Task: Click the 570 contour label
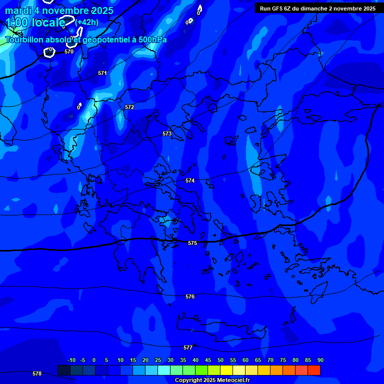pos(69,51)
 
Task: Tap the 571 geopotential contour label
pos(102,73)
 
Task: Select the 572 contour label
pos(129,107)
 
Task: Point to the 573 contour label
pos(167,133)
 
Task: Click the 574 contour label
pos(190,180)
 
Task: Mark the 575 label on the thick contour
pos(192,243)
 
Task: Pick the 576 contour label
pos(190,296)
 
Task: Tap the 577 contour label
pos(188,347)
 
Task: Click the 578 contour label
pos(37,373)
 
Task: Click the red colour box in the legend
pos(313,370)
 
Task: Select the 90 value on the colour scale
pos(320,360)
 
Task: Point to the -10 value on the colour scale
pos(71,360)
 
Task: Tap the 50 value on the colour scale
pos(220,360)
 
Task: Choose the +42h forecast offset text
pos(87,22)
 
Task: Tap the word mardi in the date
pos(18,10)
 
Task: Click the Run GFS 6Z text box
pos(317,8)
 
